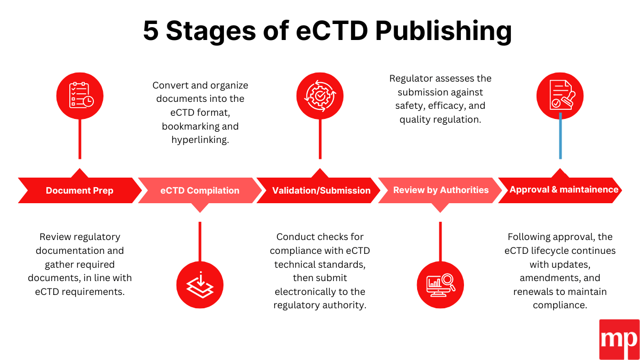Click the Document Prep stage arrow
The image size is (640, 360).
pos(79,190)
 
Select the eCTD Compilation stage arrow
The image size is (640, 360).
pos(199,190)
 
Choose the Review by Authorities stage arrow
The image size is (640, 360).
pos(441,190)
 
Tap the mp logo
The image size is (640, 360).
pos(619,339)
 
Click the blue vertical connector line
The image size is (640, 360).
pos(560,139)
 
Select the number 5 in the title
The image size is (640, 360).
pos(151,31)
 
